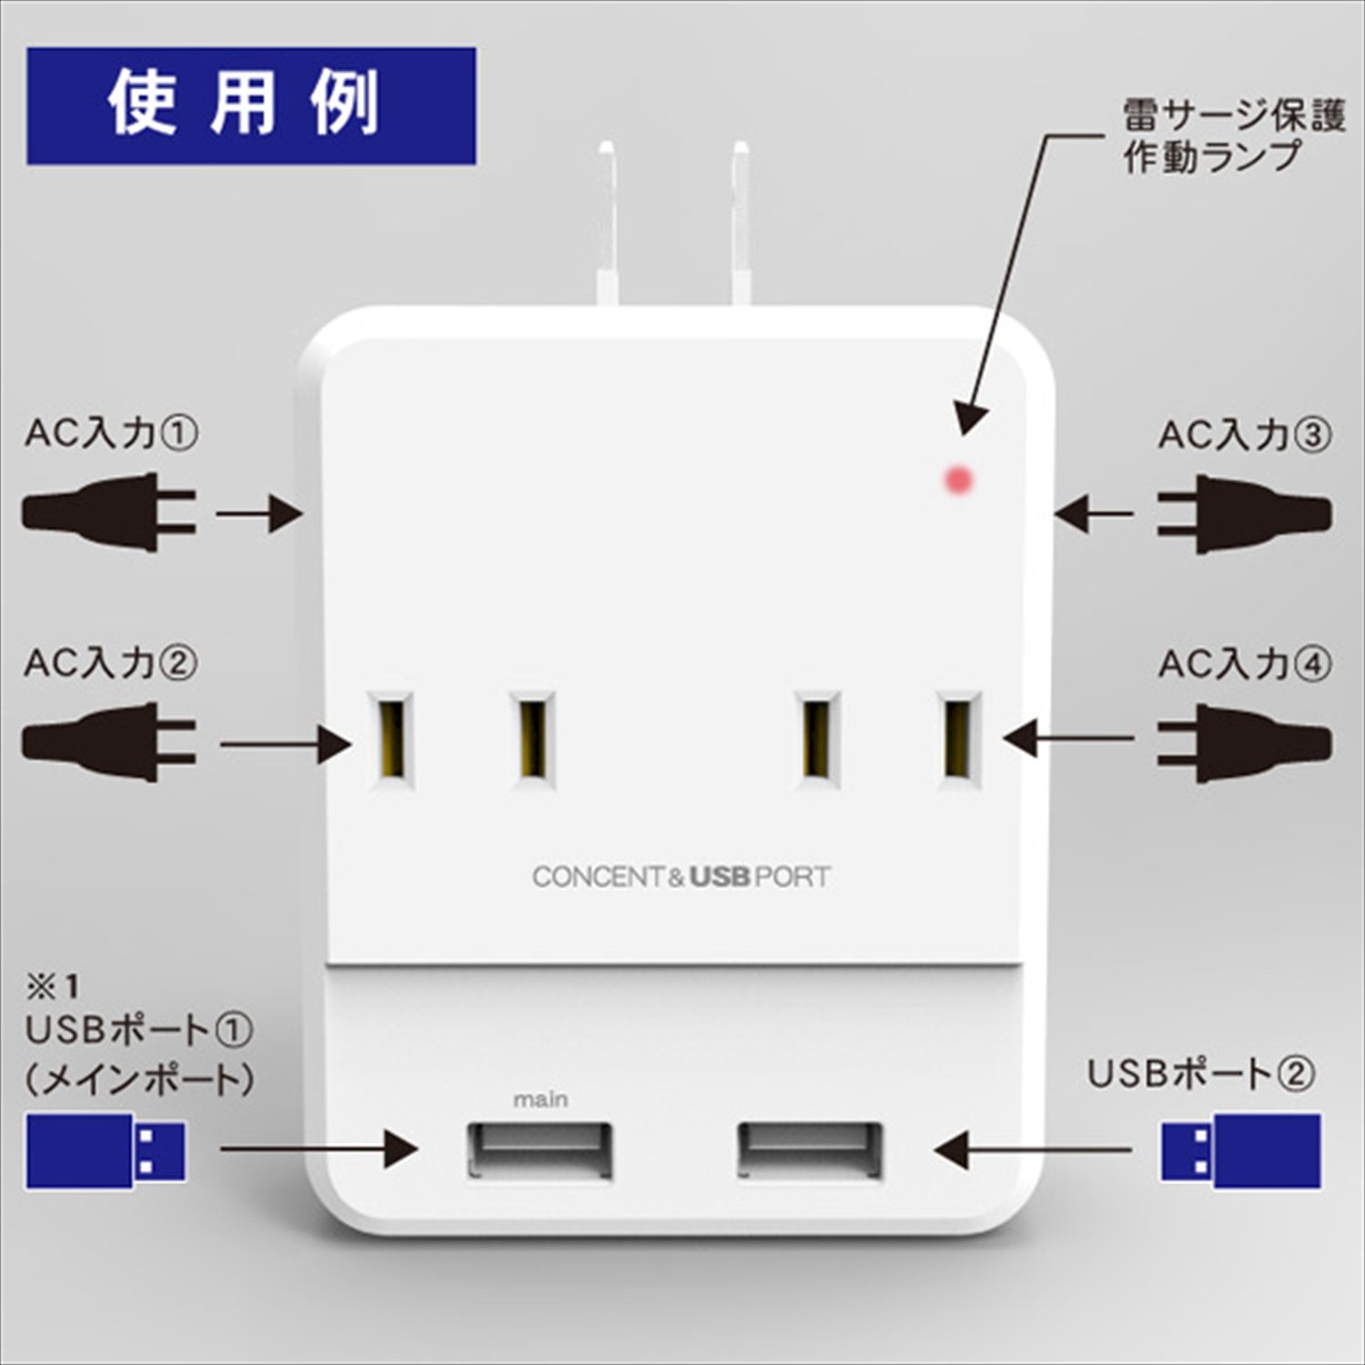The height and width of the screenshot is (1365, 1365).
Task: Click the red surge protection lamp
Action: (x=959, y=479)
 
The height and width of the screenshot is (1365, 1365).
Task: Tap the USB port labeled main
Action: (x=540, y=1151)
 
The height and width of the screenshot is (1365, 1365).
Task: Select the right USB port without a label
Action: (x=810, y=1151)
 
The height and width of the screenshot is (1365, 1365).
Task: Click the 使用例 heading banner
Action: (x=251, y=106)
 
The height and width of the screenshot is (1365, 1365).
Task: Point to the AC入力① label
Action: (x=111, y=433)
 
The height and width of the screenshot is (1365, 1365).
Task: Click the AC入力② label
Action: (x=111, y=662)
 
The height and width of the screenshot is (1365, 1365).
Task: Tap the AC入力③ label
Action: (x=1245, y=435)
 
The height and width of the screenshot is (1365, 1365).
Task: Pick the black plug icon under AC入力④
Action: (x=1245, y=743)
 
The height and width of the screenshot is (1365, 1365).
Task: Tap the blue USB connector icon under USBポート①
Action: (x=106, y=1150)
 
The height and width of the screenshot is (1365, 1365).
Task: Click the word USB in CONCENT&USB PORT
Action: (x=719, y=877)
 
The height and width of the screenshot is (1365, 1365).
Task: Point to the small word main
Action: (x=541, y=1099)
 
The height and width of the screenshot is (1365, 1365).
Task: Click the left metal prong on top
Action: (x=605, y=223)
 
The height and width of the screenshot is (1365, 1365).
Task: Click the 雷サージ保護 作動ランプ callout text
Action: (x=1232, y=136)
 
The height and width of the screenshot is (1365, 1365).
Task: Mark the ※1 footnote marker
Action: (x=53, y=986)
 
